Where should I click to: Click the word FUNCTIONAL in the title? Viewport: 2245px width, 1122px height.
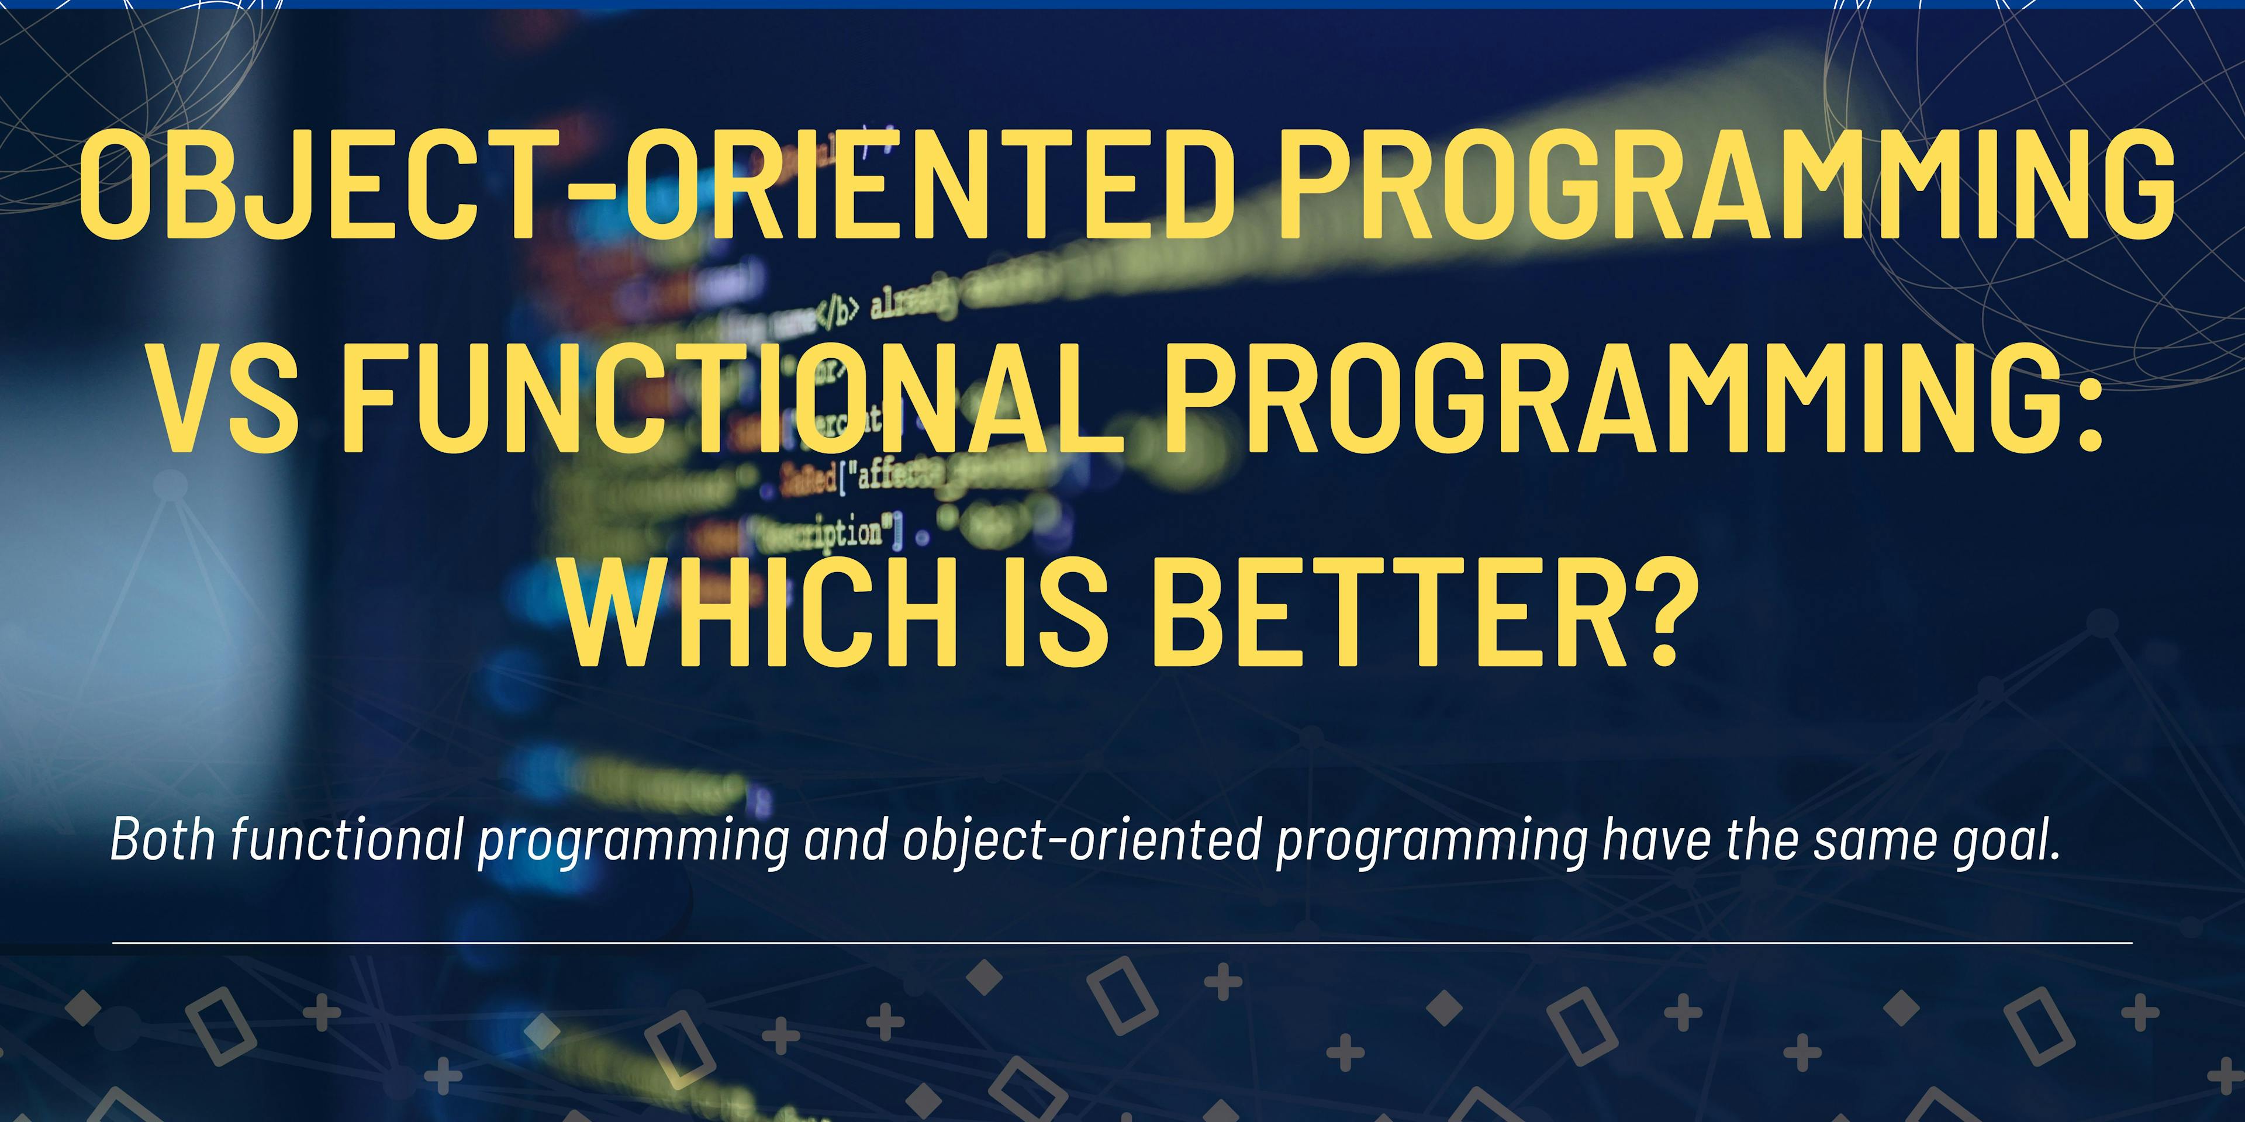[x=732, y=399]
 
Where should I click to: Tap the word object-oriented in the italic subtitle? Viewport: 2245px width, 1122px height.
[x=1080, y=841]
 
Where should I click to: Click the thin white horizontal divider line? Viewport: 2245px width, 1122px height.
[x=1122, y=943]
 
